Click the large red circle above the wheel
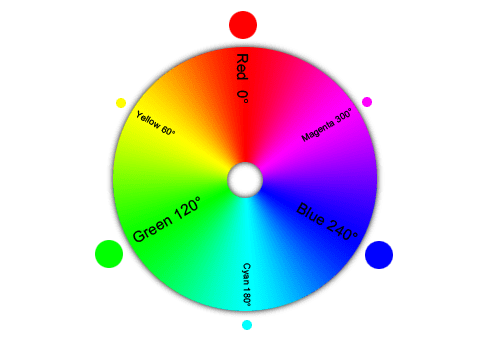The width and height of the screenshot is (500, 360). tap(243, 25)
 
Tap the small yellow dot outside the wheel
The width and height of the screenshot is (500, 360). tap(121, 102)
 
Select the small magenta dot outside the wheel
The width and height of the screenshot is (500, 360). tap(367, 102)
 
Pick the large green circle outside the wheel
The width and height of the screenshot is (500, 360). tap(108, 254)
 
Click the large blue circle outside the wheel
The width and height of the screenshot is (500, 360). tap(379, 255)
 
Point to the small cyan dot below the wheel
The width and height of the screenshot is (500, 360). tap(247, 324)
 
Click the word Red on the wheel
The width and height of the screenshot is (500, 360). tap(242, 67)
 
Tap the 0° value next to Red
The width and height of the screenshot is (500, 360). tap(242, 96)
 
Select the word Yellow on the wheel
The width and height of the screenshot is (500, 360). tap(148, 121)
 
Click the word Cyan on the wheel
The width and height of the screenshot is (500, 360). tap(247, 274)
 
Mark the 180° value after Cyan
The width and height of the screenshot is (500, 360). tap(247, 297)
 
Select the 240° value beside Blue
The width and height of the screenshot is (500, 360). tap(342, 231)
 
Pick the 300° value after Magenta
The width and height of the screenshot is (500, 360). tap(344, 115)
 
